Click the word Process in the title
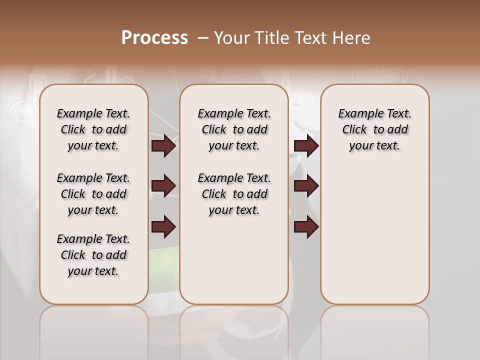(x=154, y=37)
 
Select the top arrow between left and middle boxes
(x=163, y=145)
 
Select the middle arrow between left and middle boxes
(x=163, y=186)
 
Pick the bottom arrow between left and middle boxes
(x=163, y=227)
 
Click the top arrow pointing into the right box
(x=306, y=145)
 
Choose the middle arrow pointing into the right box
(x=306, y=186)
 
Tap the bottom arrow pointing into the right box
(x=306, y=227)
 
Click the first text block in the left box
(x=93, y=129)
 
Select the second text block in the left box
(x=93, y=194)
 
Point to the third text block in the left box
(x=93, y=255)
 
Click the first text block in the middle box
(x=234, y=129)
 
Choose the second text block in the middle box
(x=234, y=194)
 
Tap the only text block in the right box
(x=374, y=129)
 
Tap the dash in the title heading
(x=203, y=37)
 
